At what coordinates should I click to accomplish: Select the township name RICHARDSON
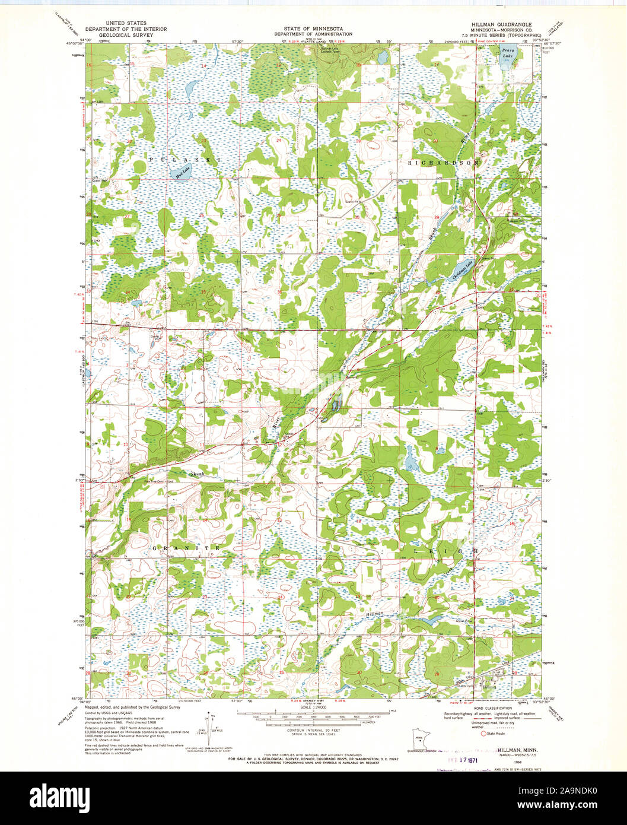[x=443, y=162]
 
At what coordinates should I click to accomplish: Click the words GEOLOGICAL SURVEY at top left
[x=125, y=35]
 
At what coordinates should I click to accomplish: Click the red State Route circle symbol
[x=483, y=734]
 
